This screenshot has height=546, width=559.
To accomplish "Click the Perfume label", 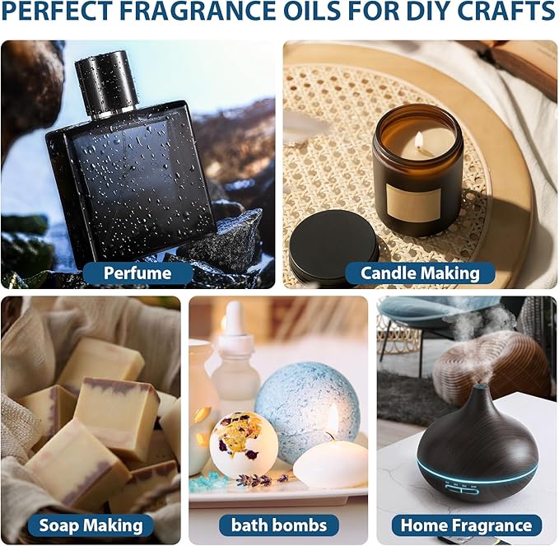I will (x=138, y=273).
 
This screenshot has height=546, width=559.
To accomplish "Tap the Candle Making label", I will (x=421, y=273).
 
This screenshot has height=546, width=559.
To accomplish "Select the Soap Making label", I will (x=91, y=525).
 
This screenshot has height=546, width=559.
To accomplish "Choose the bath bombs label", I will (x=278, y=525).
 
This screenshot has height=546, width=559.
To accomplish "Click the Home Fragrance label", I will (x=466, y=525).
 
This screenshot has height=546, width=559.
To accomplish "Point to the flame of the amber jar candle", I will (x=418, y=140).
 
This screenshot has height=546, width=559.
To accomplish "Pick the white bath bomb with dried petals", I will (x=243, y=445).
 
